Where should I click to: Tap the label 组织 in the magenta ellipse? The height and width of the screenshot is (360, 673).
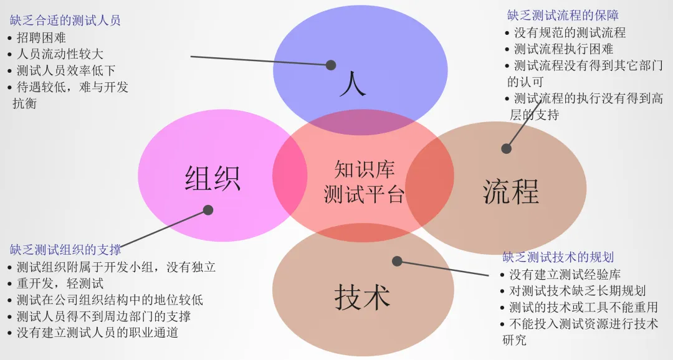pos(212,178)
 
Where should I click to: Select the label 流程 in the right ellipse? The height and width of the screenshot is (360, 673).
pos(510,191)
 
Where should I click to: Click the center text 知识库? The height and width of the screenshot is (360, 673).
pos(365,169)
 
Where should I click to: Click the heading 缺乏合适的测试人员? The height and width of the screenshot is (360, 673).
pos(65,21)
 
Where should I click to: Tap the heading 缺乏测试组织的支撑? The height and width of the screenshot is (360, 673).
pos(65,250)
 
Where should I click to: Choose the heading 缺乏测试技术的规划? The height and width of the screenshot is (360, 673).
pos(558,257)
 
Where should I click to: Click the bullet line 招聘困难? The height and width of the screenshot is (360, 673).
pos(41,37)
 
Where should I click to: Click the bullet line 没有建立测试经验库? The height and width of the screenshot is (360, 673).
pos(565,274)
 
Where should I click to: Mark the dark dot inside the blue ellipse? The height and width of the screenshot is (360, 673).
pos(331,65)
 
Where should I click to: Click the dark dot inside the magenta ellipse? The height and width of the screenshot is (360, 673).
pos(208,210)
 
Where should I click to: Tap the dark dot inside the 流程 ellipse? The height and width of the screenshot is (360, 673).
pos(506,148)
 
